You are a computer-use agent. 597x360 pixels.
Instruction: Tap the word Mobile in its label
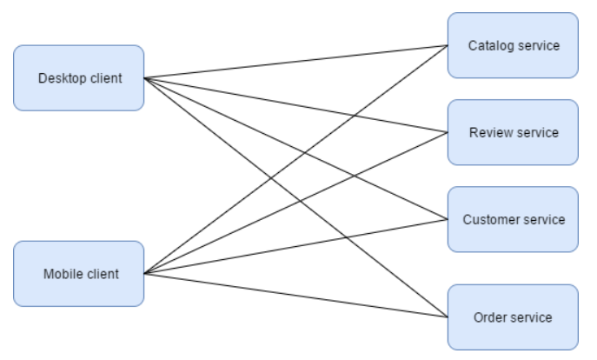[x=61, y=274]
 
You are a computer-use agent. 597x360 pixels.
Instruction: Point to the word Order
[x=490, y=317]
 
